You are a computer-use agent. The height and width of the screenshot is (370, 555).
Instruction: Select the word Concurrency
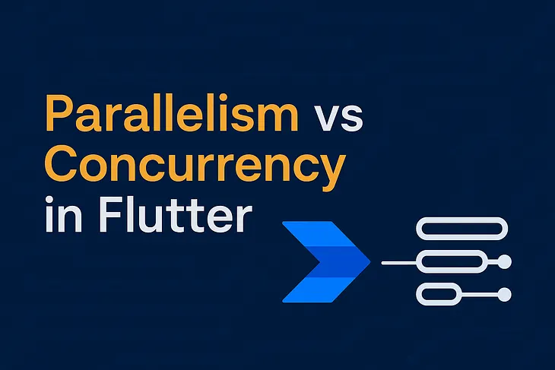coord(191,160)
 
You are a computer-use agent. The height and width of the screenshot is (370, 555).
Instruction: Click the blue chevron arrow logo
coord(323,261)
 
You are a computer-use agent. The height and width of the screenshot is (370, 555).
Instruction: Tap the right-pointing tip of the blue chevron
coord(368,261)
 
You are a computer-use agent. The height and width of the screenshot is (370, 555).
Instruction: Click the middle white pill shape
coord(452,262)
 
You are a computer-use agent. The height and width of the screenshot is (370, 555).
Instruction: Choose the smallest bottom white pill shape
coord(439,294)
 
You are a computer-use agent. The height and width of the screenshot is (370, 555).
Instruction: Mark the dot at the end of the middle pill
coord(503,262)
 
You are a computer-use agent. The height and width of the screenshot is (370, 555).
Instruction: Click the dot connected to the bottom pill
coord(503,294)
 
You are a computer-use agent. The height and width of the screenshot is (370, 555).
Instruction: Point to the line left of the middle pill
coord(399,262)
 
